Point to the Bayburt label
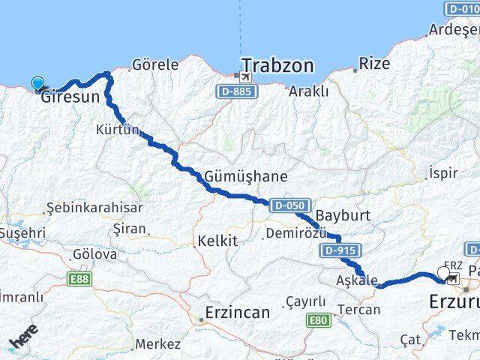[x=343, y=215]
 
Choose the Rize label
[x=374, y=64]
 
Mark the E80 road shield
[x=318, y=320]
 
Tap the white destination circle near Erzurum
[x=442, y=275]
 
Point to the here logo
[x=25, y=337]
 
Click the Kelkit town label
[x=217, y=241]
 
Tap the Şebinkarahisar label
[x=83, y=207]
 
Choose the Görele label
[x=155, y=64]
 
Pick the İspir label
[x=442, y=173]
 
